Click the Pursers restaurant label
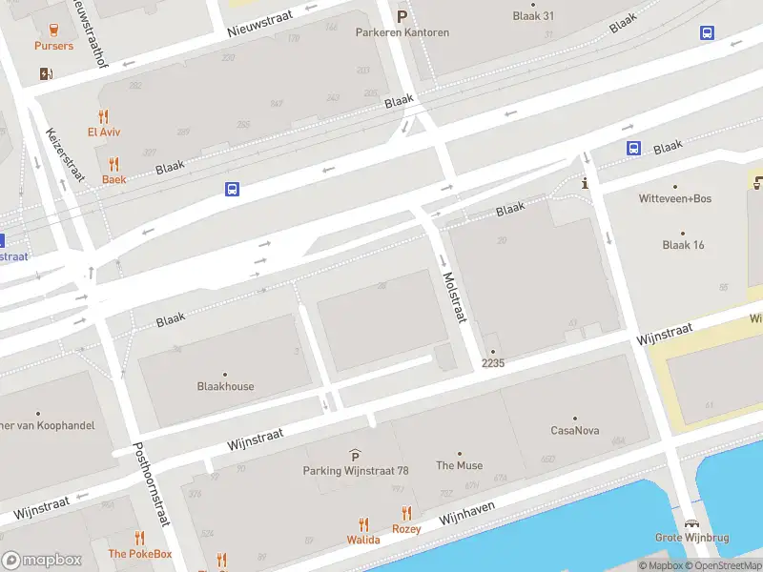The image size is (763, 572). tap(53, 46)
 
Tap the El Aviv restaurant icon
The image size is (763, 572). tap(104, 114)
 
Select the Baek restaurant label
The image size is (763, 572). tap(113, 179)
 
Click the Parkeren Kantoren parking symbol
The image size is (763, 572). tap(402, 16)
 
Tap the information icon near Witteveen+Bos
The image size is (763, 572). tap(585, 183)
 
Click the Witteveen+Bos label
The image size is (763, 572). tap(674, 199)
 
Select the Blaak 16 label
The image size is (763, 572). tap(683, 245)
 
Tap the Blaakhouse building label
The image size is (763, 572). tap(225, 387)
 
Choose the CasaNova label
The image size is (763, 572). tap(575, 431)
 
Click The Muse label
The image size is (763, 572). tap(459, 466)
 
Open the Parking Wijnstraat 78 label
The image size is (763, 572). tap(355, 471)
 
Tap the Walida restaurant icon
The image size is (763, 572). tap(362, 523)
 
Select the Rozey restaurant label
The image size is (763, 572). tap(406, 529)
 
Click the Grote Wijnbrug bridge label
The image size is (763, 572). tap(691, 538)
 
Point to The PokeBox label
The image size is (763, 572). tap(139, 554)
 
